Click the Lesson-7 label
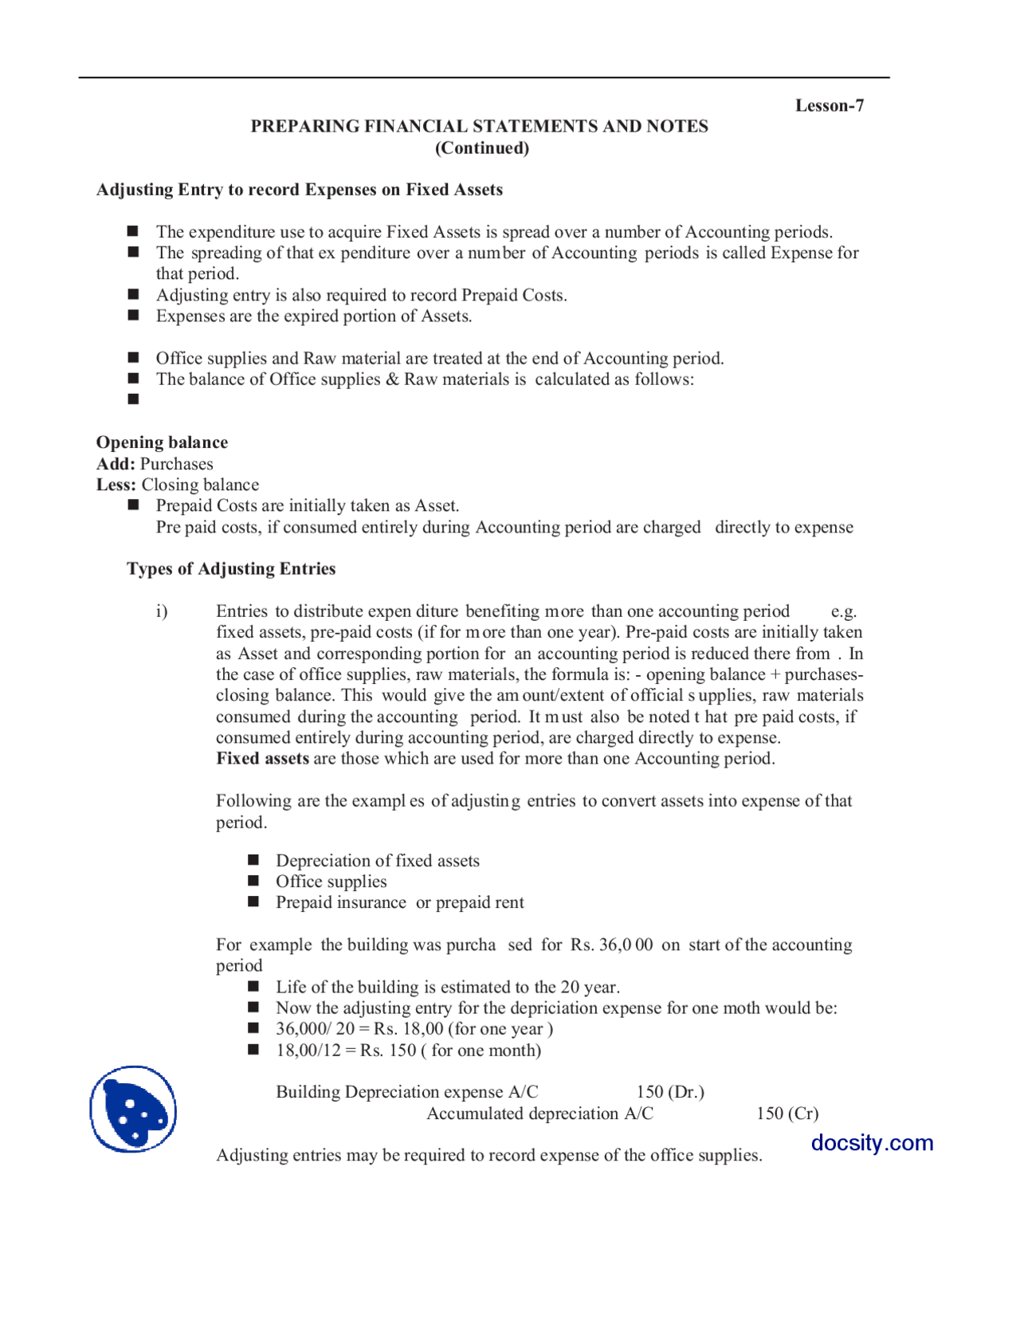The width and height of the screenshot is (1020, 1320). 829,106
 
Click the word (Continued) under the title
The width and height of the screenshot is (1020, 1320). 481,148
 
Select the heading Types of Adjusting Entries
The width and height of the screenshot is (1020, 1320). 231,569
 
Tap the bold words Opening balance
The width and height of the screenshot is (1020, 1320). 162,442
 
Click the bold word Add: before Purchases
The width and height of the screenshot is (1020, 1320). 116,464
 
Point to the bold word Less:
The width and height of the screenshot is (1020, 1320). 116,485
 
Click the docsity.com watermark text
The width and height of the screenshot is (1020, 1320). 872,1143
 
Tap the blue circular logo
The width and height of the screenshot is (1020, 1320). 133,1109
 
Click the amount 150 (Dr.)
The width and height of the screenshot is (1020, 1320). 670,1092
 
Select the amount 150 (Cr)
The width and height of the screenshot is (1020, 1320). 787,1114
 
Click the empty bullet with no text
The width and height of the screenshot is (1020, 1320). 133,399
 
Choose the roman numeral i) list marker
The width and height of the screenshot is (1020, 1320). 162,611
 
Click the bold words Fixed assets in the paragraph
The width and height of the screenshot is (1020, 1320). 262,759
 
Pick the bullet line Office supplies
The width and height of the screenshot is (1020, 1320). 331,882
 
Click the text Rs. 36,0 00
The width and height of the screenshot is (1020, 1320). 611,945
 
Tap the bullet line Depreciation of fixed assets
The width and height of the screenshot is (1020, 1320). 377,861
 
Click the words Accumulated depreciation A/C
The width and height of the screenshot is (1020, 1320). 539,1114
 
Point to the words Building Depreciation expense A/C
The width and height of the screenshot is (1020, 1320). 406,1092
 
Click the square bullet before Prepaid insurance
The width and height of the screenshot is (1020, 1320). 253,902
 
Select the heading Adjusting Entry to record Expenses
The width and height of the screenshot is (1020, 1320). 299,190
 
